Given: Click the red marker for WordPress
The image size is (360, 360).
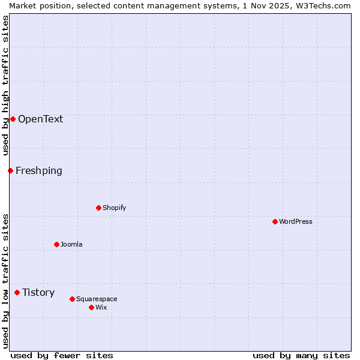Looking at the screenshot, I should click(275, 221).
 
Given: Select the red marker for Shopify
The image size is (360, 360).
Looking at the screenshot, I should click(98, 208).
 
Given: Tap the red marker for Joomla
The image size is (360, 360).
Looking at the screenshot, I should click(56, 244).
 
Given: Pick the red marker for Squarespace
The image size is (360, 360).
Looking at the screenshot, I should click(72, 299).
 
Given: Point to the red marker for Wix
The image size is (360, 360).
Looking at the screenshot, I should click(91, 307).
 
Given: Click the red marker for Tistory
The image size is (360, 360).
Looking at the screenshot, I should click(17, 292).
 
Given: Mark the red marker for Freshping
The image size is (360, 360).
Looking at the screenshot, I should click(10, 170).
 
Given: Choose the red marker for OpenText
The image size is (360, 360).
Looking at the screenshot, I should click(13, 119).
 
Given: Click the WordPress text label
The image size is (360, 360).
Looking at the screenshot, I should click(296, 221).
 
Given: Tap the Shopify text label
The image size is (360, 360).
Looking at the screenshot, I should click(114, 208).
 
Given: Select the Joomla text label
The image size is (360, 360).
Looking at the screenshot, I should click(71, 244).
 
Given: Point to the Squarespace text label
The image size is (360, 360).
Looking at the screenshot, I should click(97, 299).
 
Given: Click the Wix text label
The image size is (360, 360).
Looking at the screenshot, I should click(101, 307).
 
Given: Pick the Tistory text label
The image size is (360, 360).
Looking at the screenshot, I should click(38, 292).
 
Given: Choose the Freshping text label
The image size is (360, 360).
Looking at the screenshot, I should click(39, 170).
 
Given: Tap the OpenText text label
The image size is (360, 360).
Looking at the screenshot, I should click(40, 119).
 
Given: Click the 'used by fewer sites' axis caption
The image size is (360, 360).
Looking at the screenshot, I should click(62, 355).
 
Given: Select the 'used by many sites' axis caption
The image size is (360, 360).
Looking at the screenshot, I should click(301, 355).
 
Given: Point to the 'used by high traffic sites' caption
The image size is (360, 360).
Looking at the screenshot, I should click(5, 85).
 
